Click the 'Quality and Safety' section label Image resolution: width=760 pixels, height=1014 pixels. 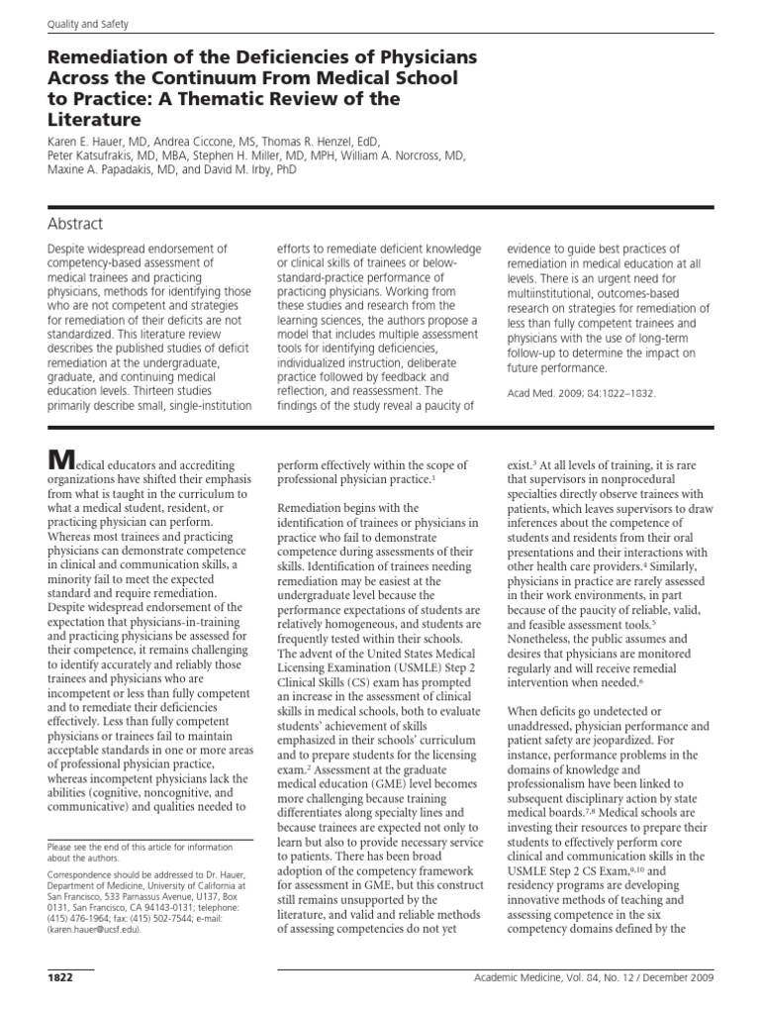[80, 22]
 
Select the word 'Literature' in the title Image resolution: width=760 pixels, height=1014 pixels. [91, 120]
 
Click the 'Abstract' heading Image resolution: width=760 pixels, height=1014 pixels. [74, 224]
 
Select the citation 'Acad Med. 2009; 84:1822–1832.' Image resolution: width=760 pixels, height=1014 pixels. [579, 391]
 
